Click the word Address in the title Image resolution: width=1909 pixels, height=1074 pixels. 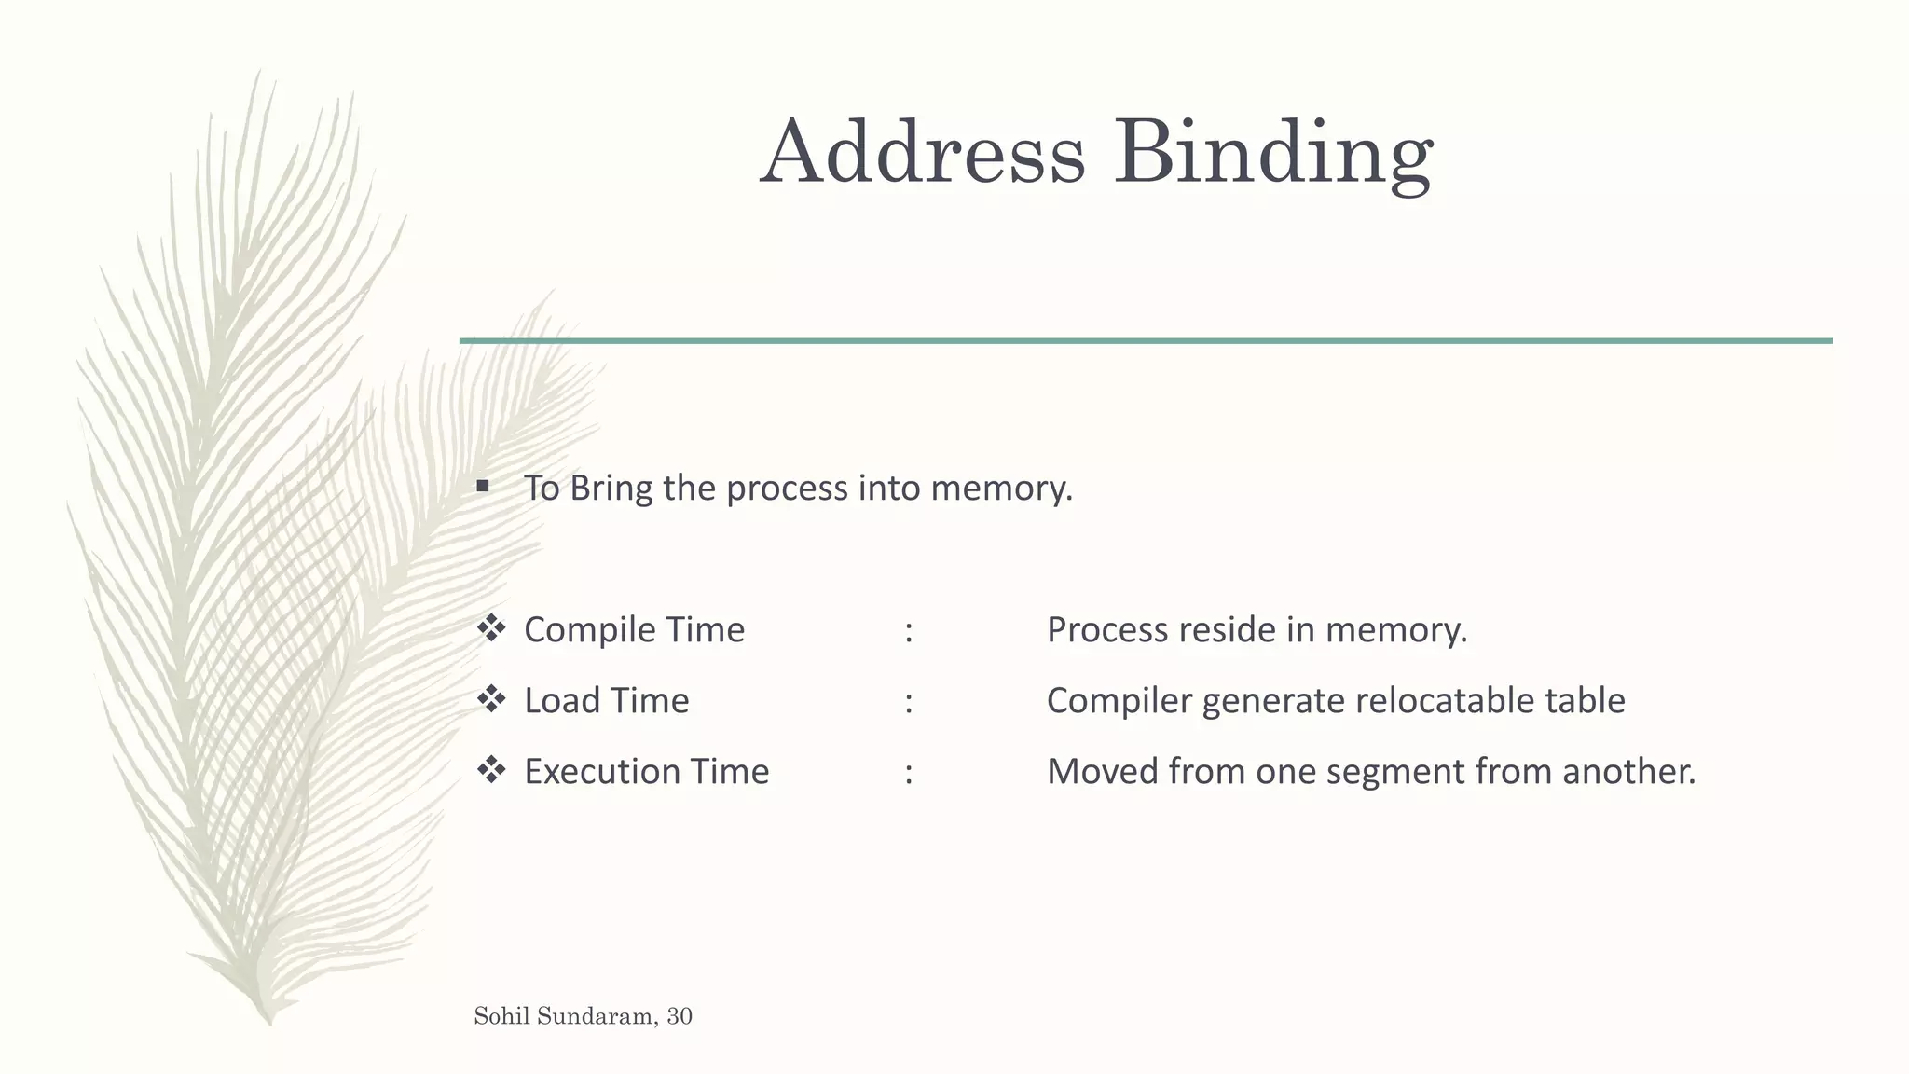[x=923, y=152]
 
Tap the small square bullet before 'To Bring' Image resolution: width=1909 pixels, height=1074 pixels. [x=482, y=486]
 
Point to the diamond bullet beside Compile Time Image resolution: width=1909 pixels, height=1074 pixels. [x=491, y=628]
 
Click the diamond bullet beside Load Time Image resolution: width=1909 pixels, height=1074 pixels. [x=491, y=699]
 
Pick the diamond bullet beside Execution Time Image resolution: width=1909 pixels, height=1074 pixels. [x=491, y=770]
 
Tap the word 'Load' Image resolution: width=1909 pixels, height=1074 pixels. [x=562, y=701]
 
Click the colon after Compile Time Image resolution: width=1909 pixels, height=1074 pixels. [x=909, y=632]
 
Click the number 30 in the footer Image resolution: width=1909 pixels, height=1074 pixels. [x=680, y=1016]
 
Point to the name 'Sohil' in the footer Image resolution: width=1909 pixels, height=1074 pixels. [x=502, y=1016]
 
